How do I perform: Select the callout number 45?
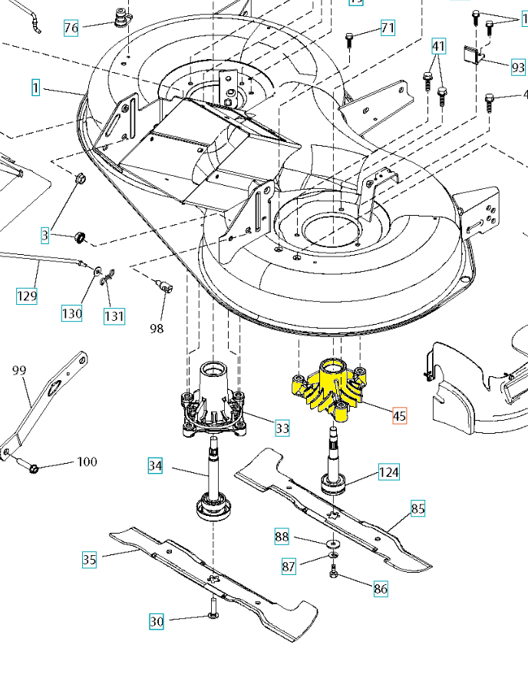click(399, 416)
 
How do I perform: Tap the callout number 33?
click(282, 428)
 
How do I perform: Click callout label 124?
click(388, 472)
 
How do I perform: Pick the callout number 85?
click(417, 508)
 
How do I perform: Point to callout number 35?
click(90, 560)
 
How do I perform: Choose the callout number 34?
click(156, 465)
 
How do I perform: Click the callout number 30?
click(157, 621)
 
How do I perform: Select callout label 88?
click(282, 537)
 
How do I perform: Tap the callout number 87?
click(289, 567)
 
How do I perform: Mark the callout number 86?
click(380, 590)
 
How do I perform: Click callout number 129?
click(27, 295)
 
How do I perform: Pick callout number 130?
click(72, 313)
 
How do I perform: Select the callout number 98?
click(157, 329)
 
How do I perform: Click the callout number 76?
click(71, 29)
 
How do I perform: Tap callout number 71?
click(388, 28)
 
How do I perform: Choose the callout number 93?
click(518, 67)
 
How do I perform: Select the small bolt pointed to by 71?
click(349, 37)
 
